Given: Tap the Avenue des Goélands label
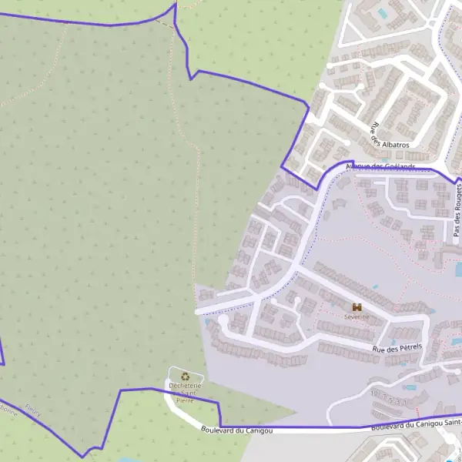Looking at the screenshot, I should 380,166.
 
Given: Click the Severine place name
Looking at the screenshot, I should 357,316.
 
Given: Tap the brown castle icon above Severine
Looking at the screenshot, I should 357,306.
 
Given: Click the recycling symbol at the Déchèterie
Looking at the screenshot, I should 185,376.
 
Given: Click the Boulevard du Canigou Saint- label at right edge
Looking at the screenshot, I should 416,424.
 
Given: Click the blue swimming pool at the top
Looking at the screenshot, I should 381,14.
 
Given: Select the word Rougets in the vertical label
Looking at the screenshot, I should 457,198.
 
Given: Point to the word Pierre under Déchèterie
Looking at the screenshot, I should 185,400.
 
